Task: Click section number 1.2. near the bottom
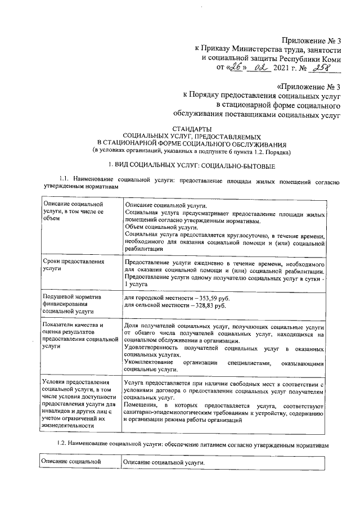coord(64,444)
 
